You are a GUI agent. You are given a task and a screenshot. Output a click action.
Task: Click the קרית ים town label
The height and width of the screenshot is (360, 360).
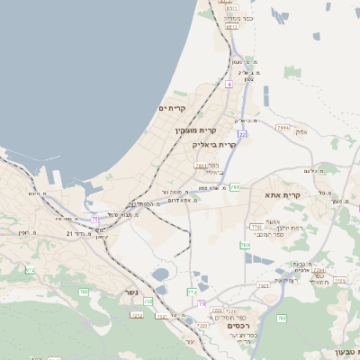[x=171, y=108]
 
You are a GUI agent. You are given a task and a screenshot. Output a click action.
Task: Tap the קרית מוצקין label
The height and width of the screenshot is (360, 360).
[x=198, y=130]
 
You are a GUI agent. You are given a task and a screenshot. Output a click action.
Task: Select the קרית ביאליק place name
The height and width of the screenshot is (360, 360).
[x=214, y=143]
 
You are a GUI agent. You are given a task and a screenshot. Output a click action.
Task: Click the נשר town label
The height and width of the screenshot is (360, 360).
[x=130, y=292]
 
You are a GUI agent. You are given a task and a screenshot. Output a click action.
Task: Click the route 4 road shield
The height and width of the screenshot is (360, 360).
[x=229, y=84]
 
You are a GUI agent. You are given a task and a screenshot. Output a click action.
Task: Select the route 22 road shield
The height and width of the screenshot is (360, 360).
[x=242, y=134]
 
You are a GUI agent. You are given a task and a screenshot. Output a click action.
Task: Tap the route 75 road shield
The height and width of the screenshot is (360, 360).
[x=94, y=218]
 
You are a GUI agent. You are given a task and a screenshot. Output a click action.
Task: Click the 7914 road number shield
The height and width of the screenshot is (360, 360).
[x=283, y=128]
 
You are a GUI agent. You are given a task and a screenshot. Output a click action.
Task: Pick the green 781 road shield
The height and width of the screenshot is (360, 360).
[x=234, y=187]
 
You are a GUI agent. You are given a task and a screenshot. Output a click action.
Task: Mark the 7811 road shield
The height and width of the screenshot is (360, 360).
[x=202, y=166]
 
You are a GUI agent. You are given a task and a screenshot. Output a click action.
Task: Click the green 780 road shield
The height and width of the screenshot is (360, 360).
[x=245, y=245]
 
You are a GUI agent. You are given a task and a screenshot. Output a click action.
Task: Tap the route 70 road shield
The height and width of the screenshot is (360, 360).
[x=202, y=303]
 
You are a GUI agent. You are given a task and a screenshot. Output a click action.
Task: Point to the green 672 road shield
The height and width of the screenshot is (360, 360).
[x=30, y=269]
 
